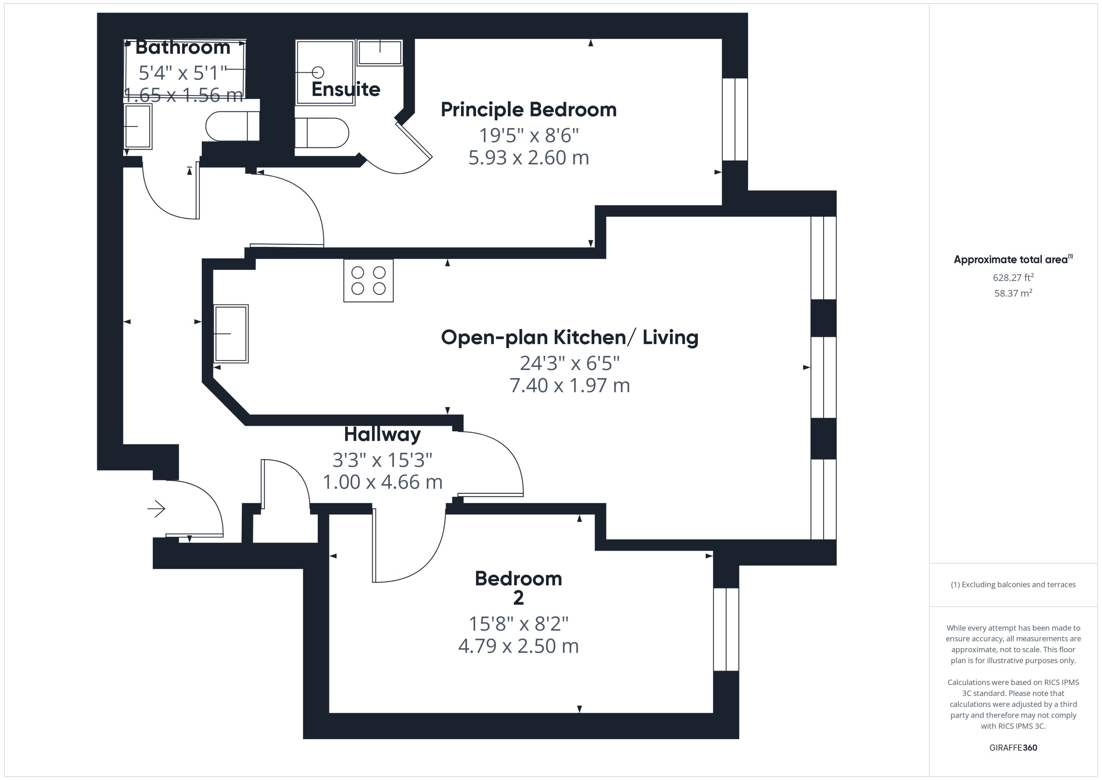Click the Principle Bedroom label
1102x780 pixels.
coord(528,110)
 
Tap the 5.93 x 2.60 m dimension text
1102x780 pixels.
coord(528,157)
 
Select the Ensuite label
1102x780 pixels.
coord(346,89)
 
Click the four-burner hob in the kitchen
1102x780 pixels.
coord(368,281)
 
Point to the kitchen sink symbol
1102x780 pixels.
coord(231,333)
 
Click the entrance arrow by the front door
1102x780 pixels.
coord(156,508)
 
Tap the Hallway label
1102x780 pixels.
coord(382,434)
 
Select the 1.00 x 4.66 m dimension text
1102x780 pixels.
coord(382,482)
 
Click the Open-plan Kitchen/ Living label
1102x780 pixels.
coord(570,337)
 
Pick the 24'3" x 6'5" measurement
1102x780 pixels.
coord(570,363)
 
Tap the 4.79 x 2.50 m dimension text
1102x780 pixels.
coord(518,646)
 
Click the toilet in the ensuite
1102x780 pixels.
coord(322,133)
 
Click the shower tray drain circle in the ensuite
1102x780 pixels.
coord(318,72)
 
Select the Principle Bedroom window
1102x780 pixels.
coord(735,119)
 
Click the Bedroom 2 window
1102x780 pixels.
coord(725,629)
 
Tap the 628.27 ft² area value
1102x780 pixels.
coord(1013,278)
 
